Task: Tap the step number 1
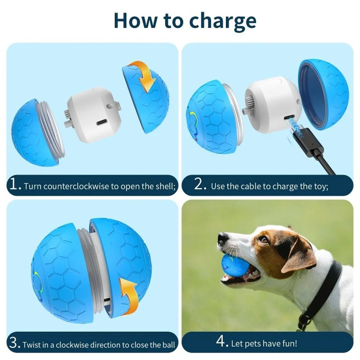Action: pyautogui.click(x=14, y=186)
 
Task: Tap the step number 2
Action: pyautogui.click(x=200, y=186)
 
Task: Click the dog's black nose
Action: pyautogui.click(x=222, y=239)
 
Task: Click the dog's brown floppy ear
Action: pyautogui.click(x=298, y=255)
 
